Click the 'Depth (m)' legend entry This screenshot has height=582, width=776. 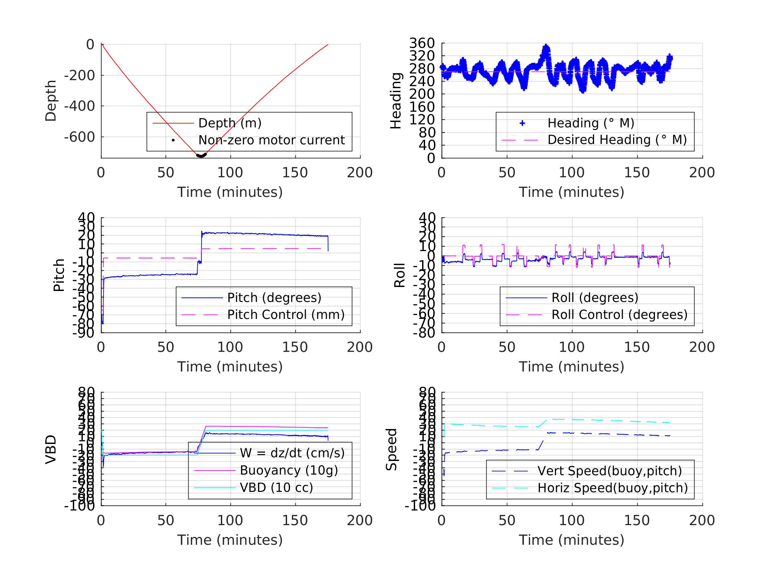coord(230,123)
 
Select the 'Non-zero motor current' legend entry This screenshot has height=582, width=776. coord(271,140)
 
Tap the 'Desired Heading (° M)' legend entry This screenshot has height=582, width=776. coord(617,140)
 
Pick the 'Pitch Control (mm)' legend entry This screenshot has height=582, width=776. coord(286,315)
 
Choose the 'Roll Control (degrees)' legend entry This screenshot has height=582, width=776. coord(619,315)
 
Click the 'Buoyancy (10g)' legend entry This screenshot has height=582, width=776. coord(289,471)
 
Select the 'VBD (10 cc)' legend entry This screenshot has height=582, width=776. coord(276,488)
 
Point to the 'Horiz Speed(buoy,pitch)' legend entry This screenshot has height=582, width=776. coord(612,488)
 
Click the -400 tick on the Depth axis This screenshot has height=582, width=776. coord(79,106)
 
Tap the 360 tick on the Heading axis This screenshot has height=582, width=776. coord(422,43)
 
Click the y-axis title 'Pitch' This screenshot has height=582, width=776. coord(59,275)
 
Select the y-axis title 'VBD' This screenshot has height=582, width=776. coord(51,450)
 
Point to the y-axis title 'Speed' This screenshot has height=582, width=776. coord(391,450)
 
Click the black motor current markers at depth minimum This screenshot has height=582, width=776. coord(201,155)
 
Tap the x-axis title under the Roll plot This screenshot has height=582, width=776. coord(571,367)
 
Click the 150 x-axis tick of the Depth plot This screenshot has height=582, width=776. coord(295,173)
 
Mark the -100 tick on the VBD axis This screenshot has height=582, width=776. coord(79,506)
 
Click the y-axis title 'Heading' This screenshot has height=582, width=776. coord(396,101)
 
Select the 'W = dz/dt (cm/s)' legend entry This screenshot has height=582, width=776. coord(292,453)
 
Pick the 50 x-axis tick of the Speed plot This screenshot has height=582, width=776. coord(507,520)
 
